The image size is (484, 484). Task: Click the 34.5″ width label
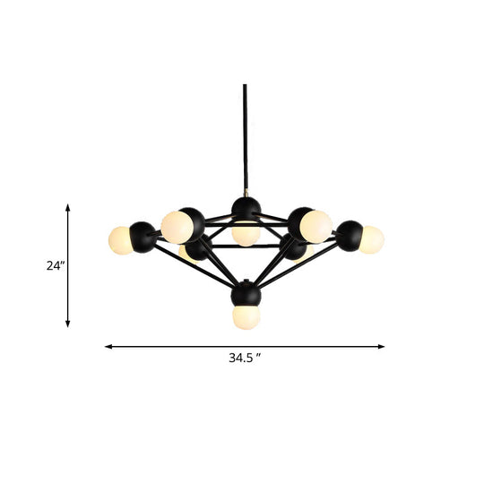click(x=243, y=358)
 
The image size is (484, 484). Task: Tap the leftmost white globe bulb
click(x=119, y=239)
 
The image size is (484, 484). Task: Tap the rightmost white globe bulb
click(x=370, y=239)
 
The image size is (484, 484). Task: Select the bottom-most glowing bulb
click(x=245, y=316)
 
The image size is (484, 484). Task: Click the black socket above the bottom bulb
click(x=245, y=295)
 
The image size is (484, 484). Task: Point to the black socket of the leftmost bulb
click(x=143, y=236)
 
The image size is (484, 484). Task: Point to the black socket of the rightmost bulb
click(x=349, y=235)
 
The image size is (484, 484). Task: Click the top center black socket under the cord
click(x=246, y=211)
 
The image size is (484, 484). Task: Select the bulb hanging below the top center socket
click(x=245, y=234)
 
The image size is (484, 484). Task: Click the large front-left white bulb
click(x=176, y=227)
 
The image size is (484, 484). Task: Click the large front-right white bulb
click(x=316, y=226)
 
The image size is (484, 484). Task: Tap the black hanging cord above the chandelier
click(x=245, y=134)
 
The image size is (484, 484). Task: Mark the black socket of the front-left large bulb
click(x=193, y=221)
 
